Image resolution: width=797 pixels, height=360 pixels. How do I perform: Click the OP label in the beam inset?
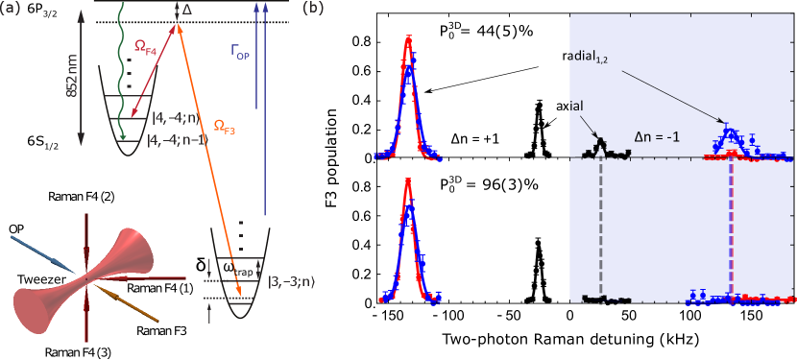16,228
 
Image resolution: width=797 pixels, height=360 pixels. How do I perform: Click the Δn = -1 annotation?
656,135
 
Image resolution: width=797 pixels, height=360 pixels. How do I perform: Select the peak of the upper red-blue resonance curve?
409,40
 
